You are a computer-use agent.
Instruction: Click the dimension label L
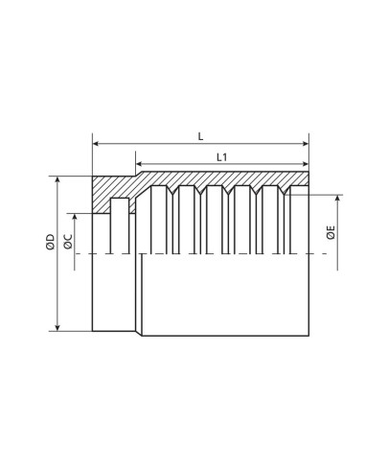click(x=200, y=135)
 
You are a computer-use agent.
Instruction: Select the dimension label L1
click(x=221, y=156)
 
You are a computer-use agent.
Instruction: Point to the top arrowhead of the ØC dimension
click(x=78, y=213)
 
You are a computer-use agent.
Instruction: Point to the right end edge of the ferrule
click(x=309, y=288)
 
